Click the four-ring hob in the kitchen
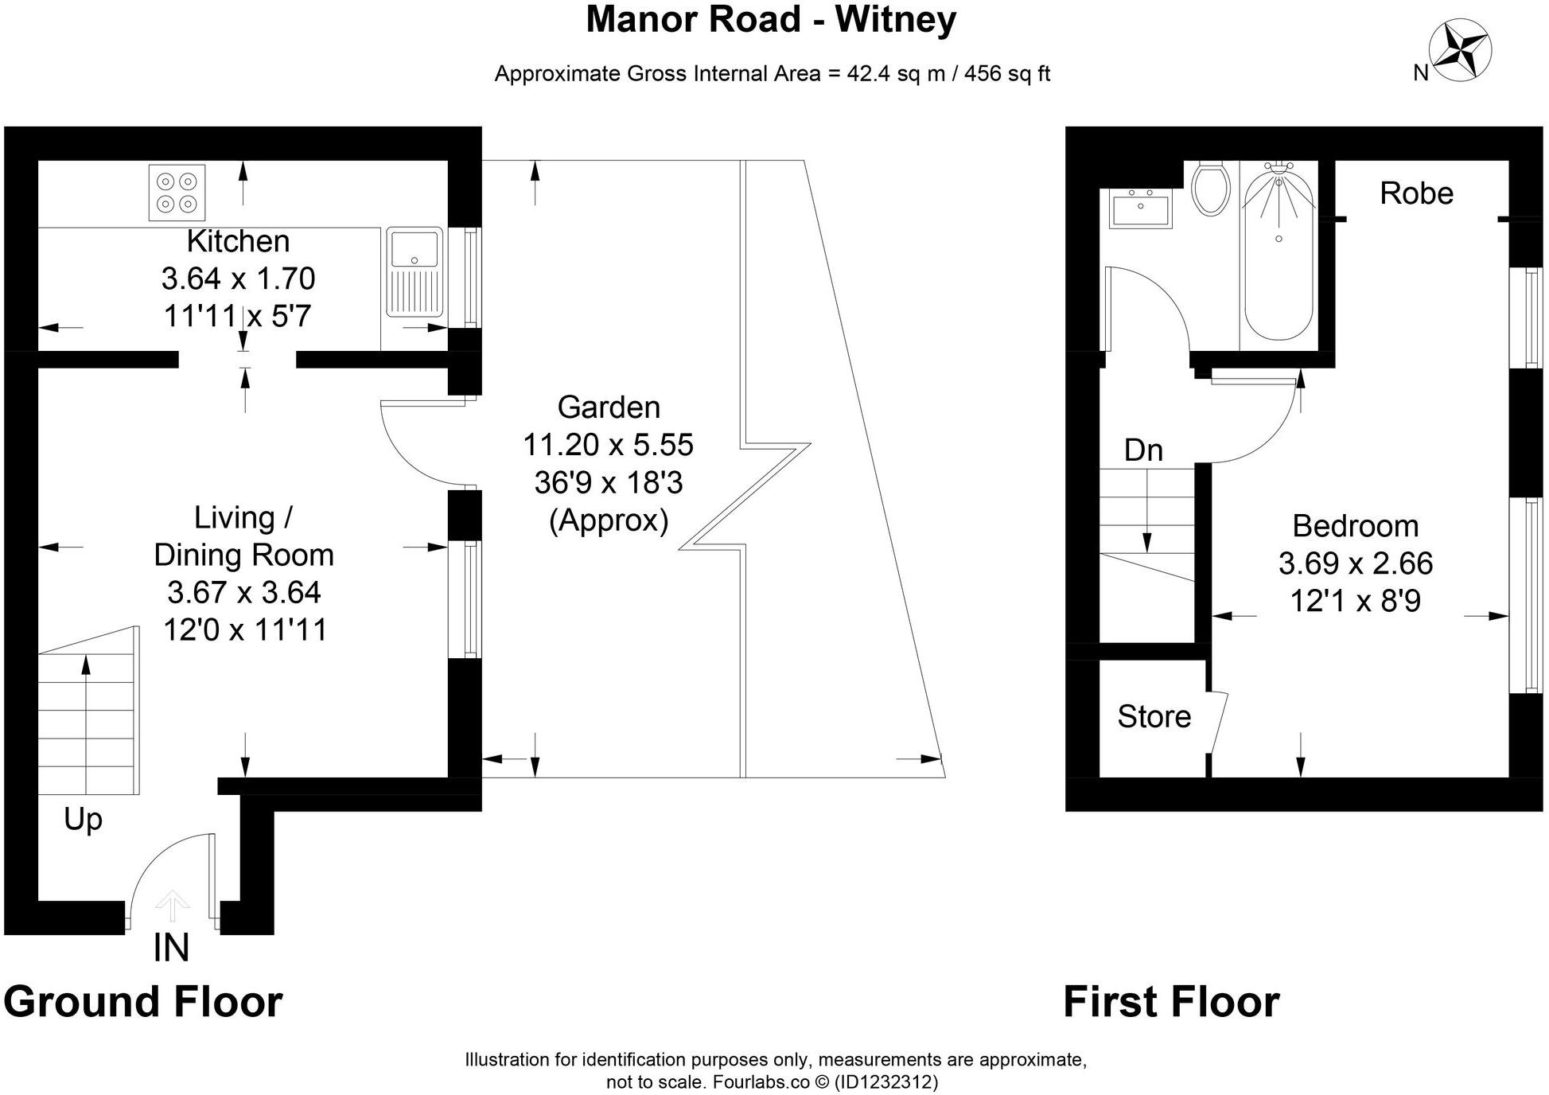(x=177, y=192)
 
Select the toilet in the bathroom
(x=1211, y=189)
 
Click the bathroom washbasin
(x=1141, y=209)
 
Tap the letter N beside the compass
(x=1421, y=73)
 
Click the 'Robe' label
(x=1416, y=193)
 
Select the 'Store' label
(x=1154, y=717)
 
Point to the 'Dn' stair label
(x=1143, y=450)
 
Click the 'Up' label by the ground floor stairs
(x=83, y=819)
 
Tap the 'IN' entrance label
(x=171, y=948)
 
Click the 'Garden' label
(x=609, y=407)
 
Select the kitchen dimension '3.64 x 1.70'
(x=238, y=279)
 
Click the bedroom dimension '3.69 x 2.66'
(x=1355, y=563)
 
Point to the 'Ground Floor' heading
(x=143, y=1001)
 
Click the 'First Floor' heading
(x=1171, y=1001)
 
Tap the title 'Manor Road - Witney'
(x=771, y=20)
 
